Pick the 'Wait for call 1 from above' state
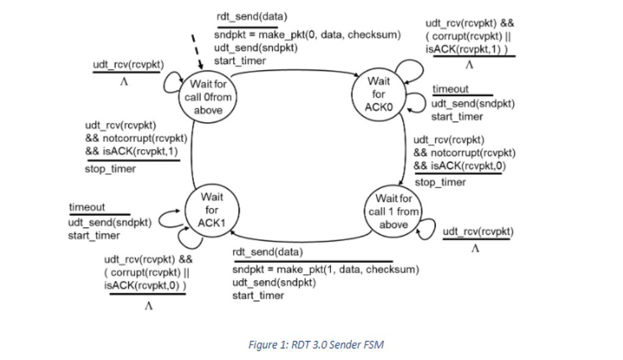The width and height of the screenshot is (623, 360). pos(393,211)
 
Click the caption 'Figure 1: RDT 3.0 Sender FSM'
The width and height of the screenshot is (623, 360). pos(316,345)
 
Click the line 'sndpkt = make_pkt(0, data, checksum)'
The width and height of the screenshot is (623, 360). pos(307,35)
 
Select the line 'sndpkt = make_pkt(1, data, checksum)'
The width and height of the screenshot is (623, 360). pos(325,270)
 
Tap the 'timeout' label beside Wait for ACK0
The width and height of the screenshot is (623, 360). pos(450,89)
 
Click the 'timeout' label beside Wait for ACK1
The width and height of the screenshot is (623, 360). pos(87,207)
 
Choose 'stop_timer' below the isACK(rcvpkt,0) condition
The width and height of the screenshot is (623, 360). pos(440,182)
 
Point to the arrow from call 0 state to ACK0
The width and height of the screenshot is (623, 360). pos(293,70)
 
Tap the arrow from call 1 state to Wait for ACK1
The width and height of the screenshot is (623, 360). pos(300,239)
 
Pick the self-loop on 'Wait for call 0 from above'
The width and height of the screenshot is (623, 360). pos(171,83)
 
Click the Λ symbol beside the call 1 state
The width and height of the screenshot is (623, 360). pos(475,249)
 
